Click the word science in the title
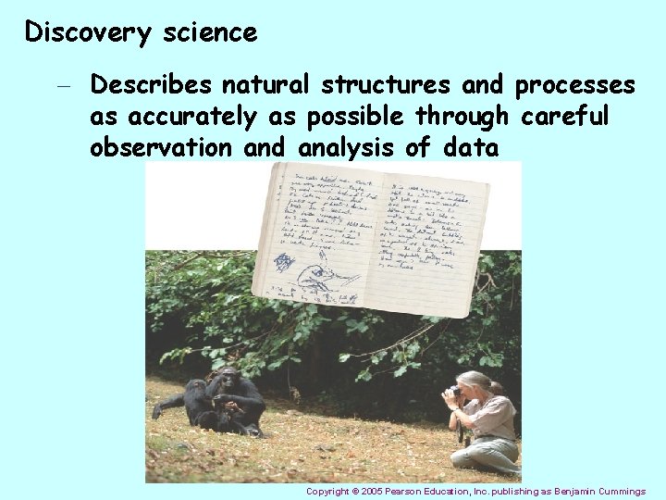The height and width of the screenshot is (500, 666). tap(210, 33)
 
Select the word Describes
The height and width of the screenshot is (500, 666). tap(152, 86)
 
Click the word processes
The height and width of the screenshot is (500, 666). tap(574, 86)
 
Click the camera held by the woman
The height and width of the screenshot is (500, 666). tap(454, 393)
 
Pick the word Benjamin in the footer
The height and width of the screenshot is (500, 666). tap(565, 492)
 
